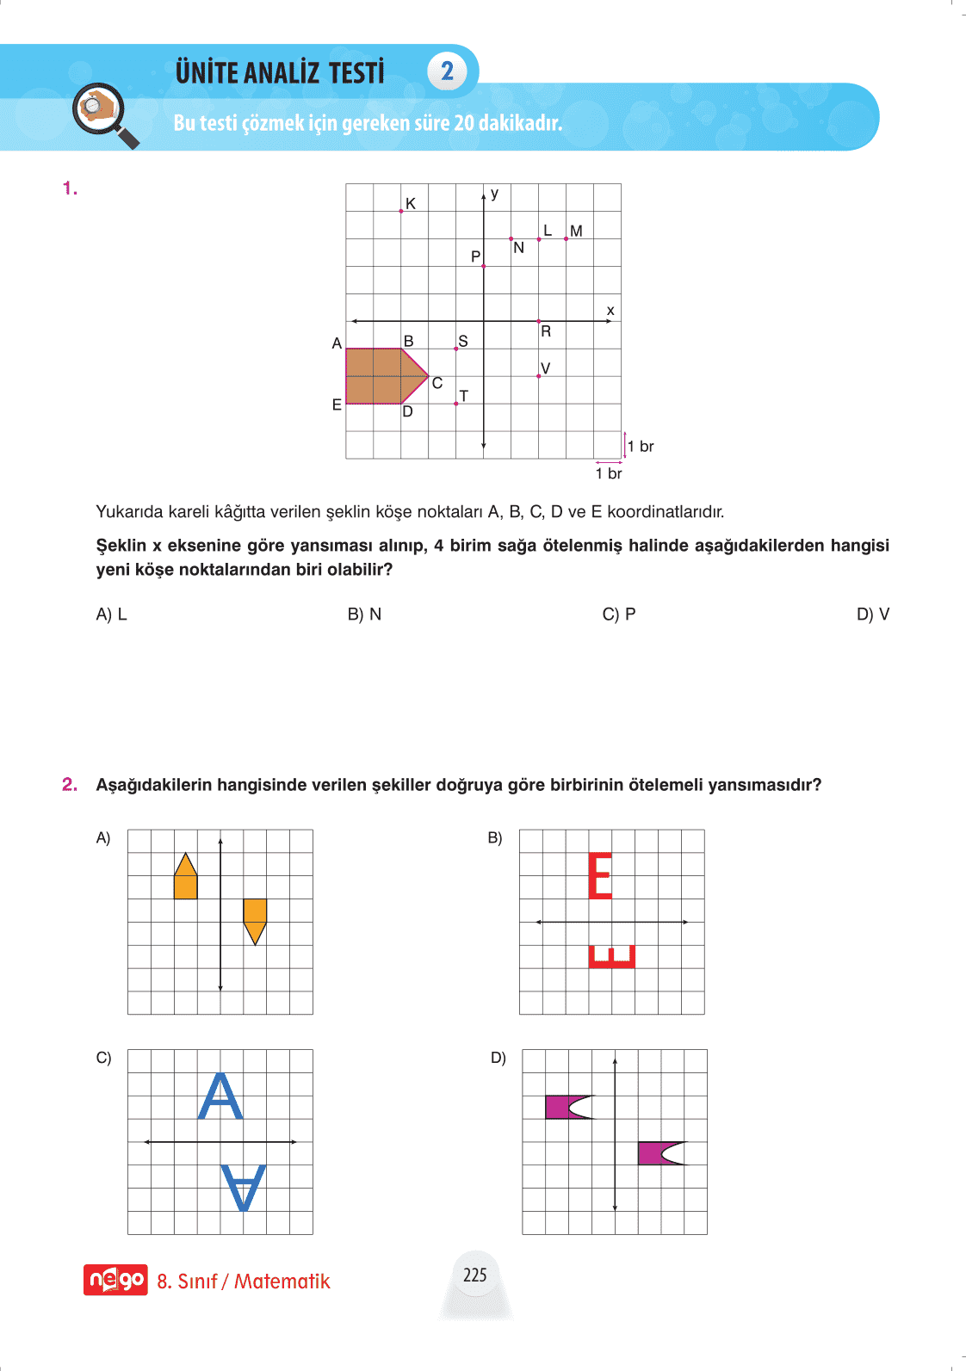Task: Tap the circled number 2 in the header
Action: [x=447, y=71]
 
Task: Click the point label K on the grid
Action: [x=411, y=204]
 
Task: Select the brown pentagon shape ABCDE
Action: [x=382, y=376]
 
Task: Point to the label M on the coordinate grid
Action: [x=576, y=231]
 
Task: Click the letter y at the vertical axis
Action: [x=495, y=194]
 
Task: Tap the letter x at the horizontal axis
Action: [x=610, y=311]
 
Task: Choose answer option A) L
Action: [x=111, y=614]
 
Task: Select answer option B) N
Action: [x=364, y=614]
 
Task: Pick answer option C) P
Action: [x=619, y=614]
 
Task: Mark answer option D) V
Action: [x=872, y=614]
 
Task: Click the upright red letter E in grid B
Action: [x=600, y=876]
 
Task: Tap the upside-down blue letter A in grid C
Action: [x=244, y=1188]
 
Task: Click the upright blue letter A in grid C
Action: [x=220, y=1096]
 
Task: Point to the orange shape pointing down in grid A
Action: [x=255, y=919]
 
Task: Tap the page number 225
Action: [x=474, y=1275]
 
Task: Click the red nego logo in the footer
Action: [x=115, y=1280]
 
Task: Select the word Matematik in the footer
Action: [x=282, y=1281]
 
